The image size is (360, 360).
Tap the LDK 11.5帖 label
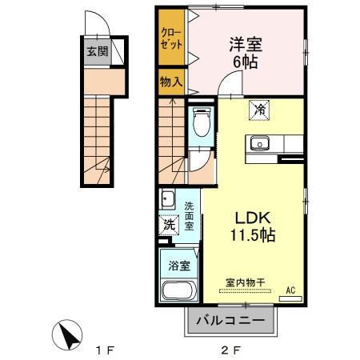tap(254, 226)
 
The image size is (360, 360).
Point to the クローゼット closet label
tap(170, 40)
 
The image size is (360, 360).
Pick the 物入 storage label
tap(170, 82)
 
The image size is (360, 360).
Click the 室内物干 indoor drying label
tap(245, 283)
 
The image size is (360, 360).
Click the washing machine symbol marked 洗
tap(168, 225)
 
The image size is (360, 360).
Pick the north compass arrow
tap(69, 335)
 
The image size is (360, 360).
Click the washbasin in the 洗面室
tap(167, 199)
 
